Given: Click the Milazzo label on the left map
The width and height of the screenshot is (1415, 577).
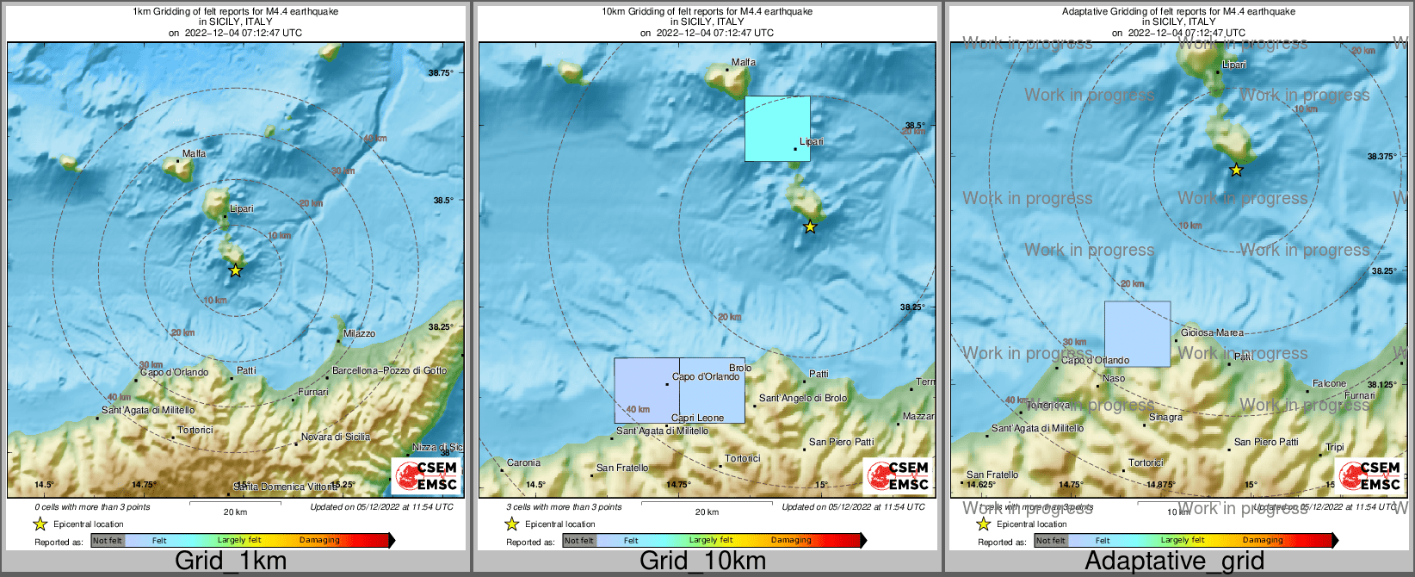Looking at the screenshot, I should (359, 333).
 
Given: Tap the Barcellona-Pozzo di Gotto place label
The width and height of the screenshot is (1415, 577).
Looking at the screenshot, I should (389, 370).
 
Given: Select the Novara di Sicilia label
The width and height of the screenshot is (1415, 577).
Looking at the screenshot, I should (335, 437).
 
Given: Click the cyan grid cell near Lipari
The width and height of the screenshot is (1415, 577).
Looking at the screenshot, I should (777, 128).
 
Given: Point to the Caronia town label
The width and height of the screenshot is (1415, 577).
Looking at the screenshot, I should (523, 462).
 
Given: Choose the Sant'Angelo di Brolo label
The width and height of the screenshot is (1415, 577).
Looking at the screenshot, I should (802, 398).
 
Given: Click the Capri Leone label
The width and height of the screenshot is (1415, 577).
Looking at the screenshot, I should (697, 418).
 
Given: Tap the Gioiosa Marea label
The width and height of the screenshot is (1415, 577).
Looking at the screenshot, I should (1212, 332).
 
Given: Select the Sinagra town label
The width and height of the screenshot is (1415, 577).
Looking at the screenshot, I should (1165, 417).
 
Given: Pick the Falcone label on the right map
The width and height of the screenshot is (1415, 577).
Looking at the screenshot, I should (1329, 383).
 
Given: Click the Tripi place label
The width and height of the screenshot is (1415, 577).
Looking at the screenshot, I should (1334, 447).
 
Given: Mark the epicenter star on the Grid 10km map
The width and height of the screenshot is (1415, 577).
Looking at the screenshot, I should (809, 227).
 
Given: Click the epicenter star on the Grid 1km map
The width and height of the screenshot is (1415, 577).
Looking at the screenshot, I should (235, 270).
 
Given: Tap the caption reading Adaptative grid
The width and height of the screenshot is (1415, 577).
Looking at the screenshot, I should (1174, 561).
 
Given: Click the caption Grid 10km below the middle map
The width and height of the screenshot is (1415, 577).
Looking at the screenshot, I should (702, 561).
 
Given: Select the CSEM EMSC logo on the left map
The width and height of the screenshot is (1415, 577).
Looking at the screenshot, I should (425, 475).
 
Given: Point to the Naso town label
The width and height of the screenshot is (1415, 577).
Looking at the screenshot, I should (1113, 378).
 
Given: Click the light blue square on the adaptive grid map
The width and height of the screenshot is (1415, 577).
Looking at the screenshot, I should (1137, 334).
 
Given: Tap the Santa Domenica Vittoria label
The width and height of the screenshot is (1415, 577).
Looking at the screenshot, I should (286, 487).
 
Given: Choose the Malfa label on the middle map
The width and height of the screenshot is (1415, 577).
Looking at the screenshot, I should (743, 62).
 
